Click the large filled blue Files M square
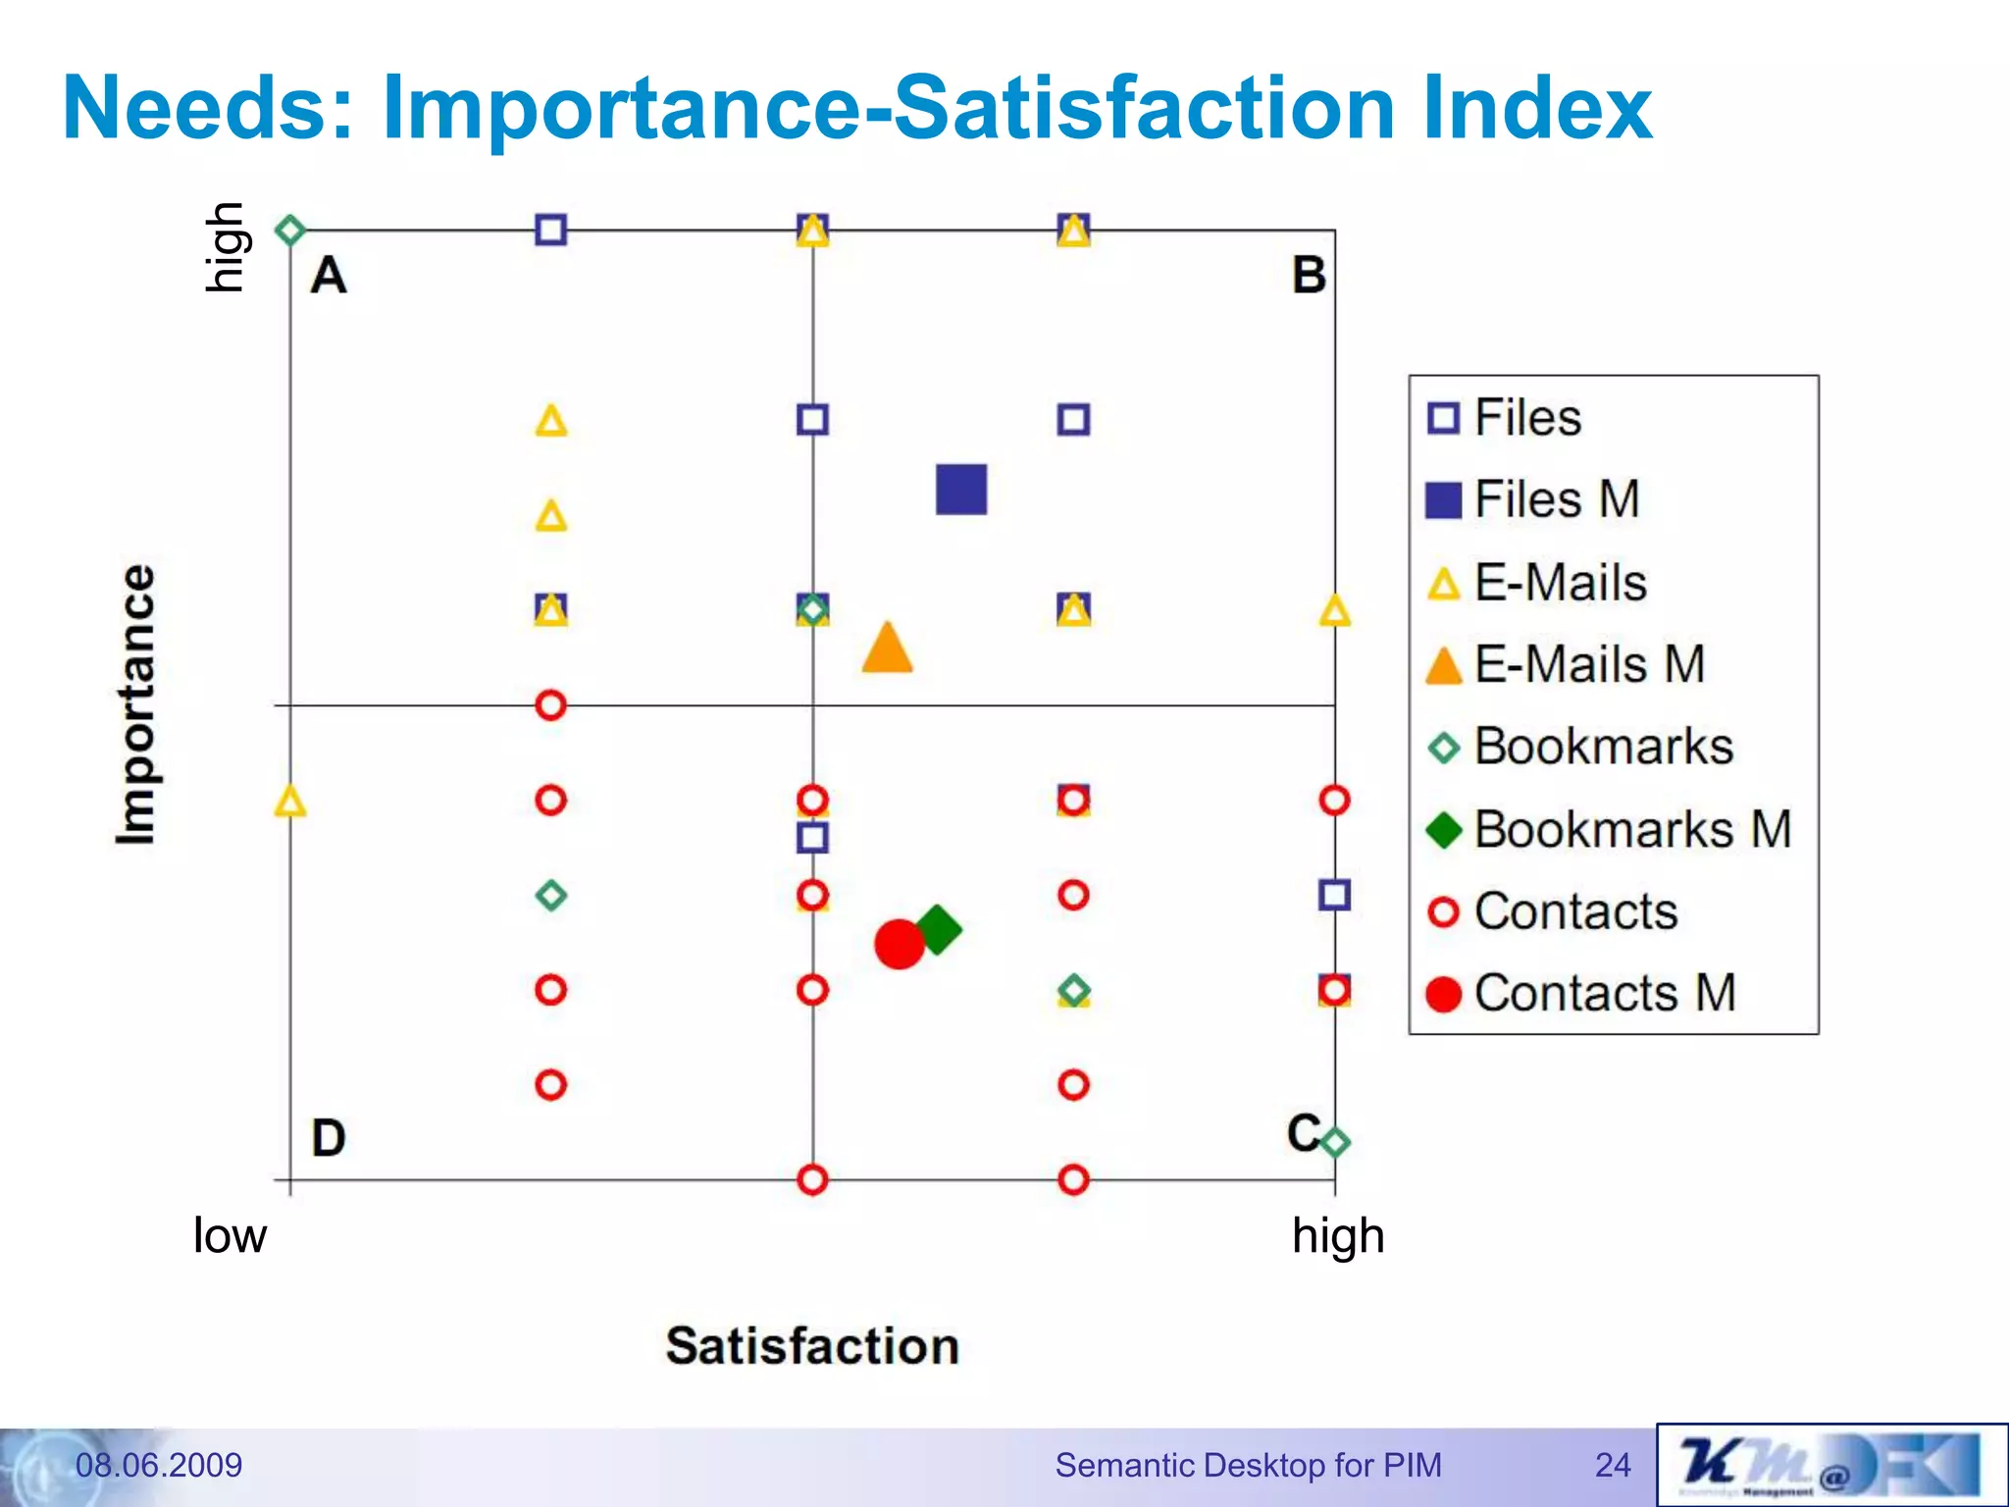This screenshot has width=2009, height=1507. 961,490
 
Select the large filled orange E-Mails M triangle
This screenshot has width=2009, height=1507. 888,650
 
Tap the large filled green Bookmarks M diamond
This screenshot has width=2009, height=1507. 938,929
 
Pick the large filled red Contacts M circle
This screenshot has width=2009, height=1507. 900,944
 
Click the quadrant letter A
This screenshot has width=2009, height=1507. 329,275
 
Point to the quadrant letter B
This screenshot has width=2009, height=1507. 1309,276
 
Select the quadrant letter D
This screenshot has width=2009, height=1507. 329,1138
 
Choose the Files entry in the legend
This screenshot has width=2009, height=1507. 1527,418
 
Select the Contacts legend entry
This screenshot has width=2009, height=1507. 1575,911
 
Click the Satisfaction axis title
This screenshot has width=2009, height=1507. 812,1346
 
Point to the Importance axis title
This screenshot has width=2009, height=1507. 135,703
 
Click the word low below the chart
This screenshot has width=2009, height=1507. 230,1235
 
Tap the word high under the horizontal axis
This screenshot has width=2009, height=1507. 1338,1236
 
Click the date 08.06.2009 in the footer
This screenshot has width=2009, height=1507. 159,1465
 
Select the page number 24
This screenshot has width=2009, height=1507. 1613,1465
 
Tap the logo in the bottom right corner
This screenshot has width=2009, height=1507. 1831,1465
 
